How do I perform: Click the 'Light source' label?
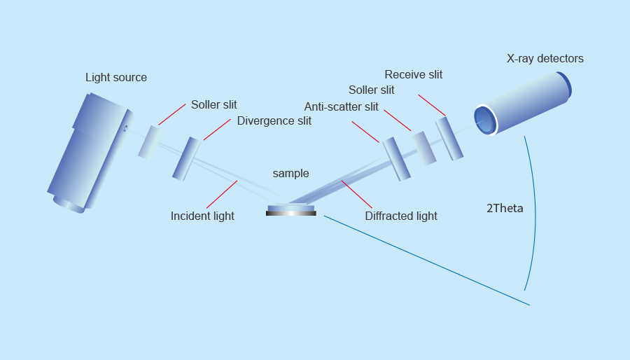[x=116, y=78]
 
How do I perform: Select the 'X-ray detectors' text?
[x=545, y=59]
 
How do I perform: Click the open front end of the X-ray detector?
[x=484, y=119]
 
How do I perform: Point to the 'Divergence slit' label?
[x=274, y=120]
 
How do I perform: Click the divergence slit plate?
[x=186, y=158]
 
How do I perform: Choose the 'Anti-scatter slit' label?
[x=341, y=107]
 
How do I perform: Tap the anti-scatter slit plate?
[x=396, y=158]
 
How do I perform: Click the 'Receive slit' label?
[x=413, y=75]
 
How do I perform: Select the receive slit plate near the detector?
[x=449, y=138]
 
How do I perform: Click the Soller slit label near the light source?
[x=213, y=105]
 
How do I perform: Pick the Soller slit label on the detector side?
[x=371, y=90]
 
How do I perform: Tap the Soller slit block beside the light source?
[x=148, y=142]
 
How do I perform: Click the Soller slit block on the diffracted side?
[x=423, y=148]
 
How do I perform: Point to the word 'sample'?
[x=290, y=174]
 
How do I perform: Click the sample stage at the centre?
[x=291, y=209]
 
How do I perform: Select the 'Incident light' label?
[x=202, y=216]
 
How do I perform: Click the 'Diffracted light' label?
[x=400, y=216]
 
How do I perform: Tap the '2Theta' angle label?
[x=505, y=209]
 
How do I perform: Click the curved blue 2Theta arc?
[x=535, y=210]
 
